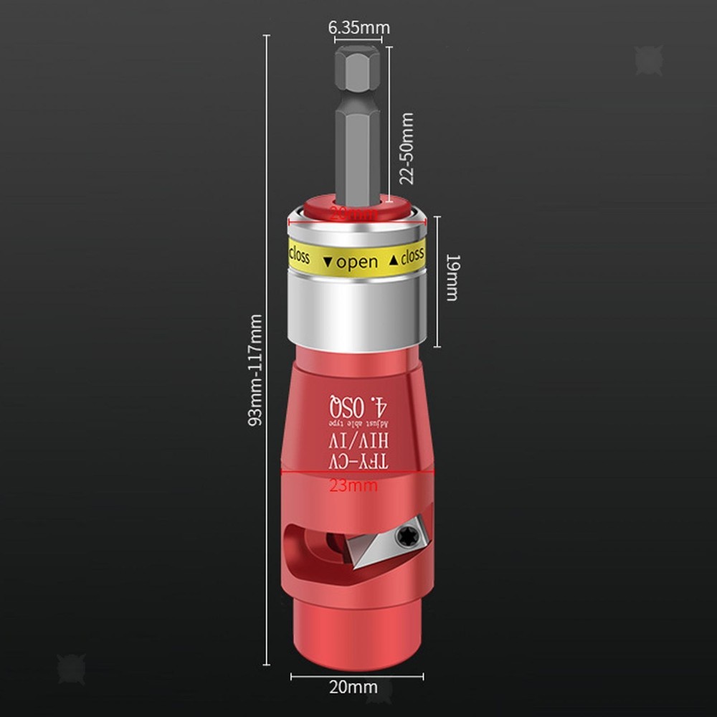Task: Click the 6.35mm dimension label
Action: tap(358, 28)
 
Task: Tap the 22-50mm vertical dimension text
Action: tap(407, 148)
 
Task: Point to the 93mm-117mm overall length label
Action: tap(255, 370)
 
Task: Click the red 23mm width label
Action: tap(353, 485)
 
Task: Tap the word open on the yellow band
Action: tap(357, 262)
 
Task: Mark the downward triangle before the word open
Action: tap(328, 262)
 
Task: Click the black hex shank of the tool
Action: tap(355, 122)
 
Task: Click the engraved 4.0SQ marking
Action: tap(358, 406)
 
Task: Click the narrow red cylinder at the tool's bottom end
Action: tap(356, 635)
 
